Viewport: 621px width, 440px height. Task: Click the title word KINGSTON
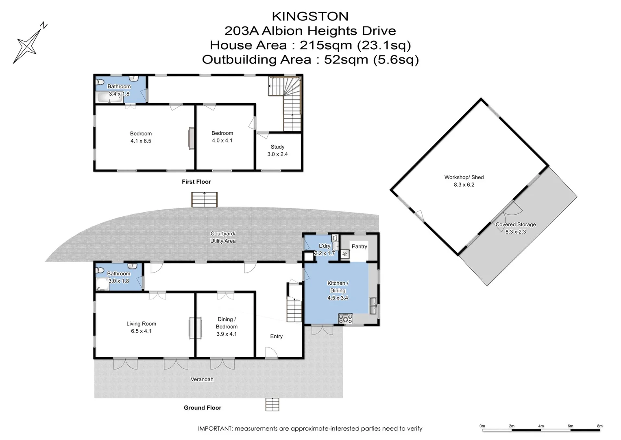tap(310, 16)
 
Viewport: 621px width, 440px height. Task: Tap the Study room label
tap(277, 147)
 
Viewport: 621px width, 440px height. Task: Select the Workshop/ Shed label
tap(464, 177)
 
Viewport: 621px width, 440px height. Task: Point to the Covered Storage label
tap(515, 224)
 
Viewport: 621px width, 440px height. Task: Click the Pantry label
tap(359, 246)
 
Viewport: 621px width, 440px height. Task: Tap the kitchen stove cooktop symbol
tap(346, 319)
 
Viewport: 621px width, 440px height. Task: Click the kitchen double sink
tap(373, 306)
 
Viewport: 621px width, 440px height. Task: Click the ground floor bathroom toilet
tap(100, 269)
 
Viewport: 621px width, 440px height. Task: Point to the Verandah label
tap(202, 379)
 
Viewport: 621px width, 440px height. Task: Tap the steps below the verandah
tap(272, 404)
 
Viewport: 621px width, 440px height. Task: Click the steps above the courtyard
tap(204, 200)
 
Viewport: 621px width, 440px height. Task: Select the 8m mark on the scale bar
tap(599, 426)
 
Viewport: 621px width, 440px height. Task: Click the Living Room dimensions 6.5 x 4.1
tap(141, 331)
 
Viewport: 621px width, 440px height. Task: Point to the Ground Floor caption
tap(202, 408)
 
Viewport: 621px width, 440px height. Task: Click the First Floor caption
tap(196, 182)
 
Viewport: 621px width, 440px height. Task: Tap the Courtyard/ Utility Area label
tap(222, 237)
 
